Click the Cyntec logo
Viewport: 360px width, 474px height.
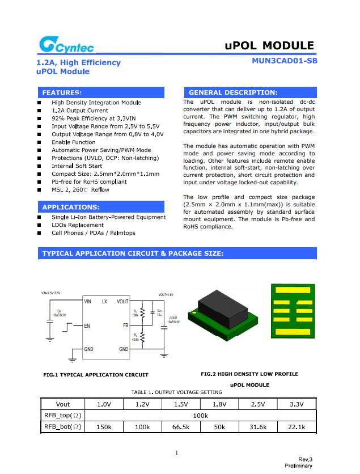(x=66, y=45)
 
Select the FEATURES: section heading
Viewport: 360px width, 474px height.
(x=62, y=92)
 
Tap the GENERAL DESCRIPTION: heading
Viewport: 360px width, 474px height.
(x=233, y=92)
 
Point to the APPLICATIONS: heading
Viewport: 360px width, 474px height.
(x=71, y=207)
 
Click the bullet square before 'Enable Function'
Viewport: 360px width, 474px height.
(x=39, y=142)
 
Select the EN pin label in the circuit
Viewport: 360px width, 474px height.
(x=87, y=326)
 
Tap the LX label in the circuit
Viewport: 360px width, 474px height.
(x=104, y=302)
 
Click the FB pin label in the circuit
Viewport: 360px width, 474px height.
(x=125, y=326)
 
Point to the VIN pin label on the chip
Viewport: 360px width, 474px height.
(x=87, y=302)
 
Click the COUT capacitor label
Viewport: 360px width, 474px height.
(x=173, y=320)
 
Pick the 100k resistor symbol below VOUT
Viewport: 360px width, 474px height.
(x=142, y=313)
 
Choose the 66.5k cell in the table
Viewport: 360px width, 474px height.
(x=180, y=427)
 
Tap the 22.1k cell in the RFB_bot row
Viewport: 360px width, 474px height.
(x=296, y=427)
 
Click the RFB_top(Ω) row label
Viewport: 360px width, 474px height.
(x=63, y=416)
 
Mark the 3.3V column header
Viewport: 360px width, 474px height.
(x=296, y=404)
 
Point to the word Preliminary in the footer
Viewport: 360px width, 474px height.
(x=298, y=465)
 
